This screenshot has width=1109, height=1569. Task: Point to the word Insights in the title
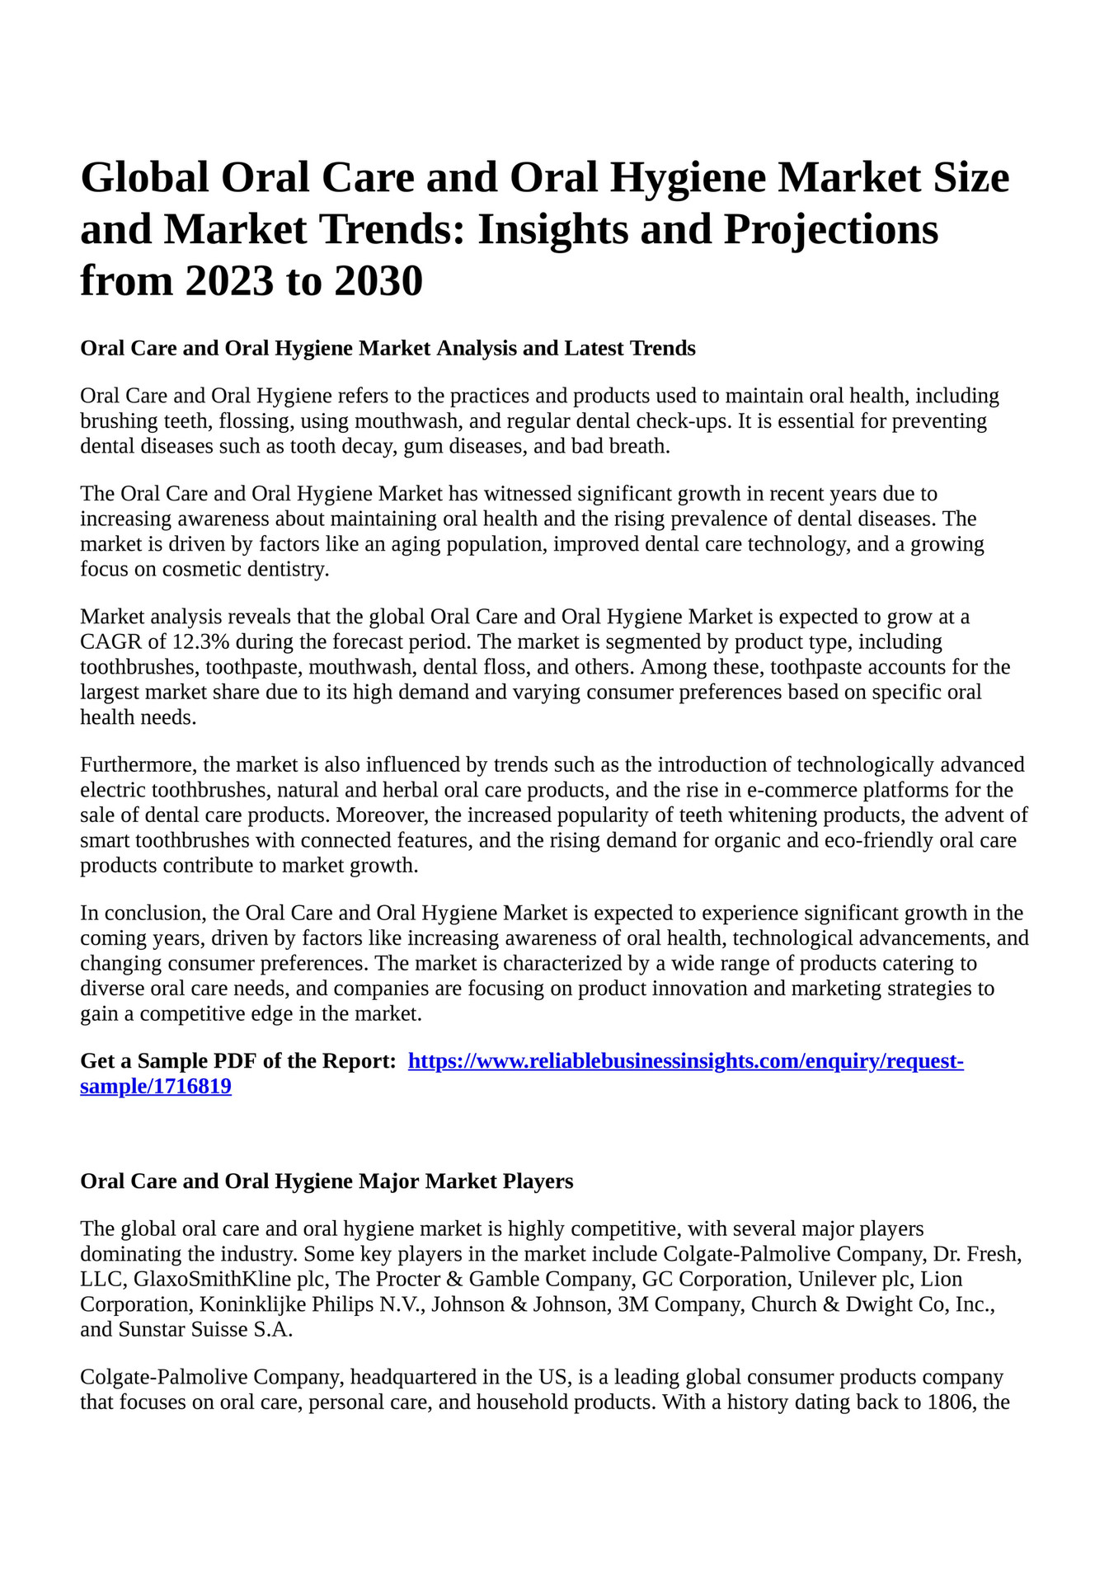pyautogui.click(x=554, y=229)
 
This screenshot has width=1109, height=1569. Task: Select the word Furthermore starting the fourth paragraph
pyautogui.click(x=137, y=764)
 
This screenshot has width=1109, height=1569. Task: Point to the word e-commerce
pyautogui.click(x=802, y=790)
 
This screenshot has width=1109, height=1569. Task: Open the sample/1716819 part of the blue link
pyautogui.click(x=155, y=1087)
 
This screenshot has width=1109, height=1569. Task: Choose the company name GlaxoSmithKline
pyautogui.click(x=213, y=1279)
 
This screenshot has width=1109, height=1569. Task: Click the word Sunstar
pyautogui.click(x=156, y=1329)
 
